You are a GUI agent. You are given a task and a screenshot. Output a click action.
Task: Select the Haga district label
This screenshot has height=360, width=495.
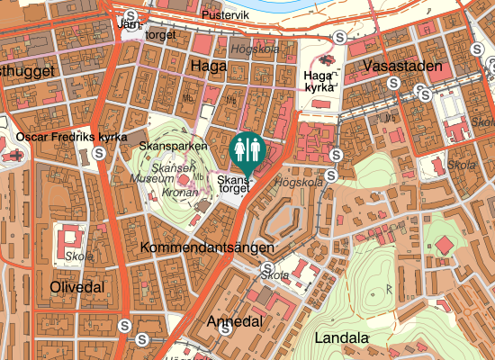pos(209,65)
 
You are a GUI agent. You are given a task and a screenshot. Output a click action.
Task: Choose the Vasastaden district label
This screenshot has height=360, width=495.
pos(403,67)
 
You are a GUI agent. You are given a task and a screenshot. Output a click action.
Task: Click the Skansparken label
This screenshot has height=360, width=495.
pos(174,144)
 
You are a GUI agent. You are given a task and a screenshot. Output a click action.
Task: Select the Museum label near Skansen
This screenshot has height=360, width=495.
pos(151,180)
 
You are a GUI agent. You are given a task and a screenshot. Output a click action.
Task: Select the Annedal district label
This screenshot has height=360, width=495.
pos(234,321)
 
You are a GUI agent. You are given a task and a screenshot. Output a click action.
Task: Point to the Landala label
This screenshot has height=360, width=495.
pos(343,338)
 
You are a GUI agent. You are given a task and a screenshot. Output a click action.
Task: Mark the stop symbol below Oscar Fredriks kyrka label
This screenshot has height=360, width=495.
pos(96,153)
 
